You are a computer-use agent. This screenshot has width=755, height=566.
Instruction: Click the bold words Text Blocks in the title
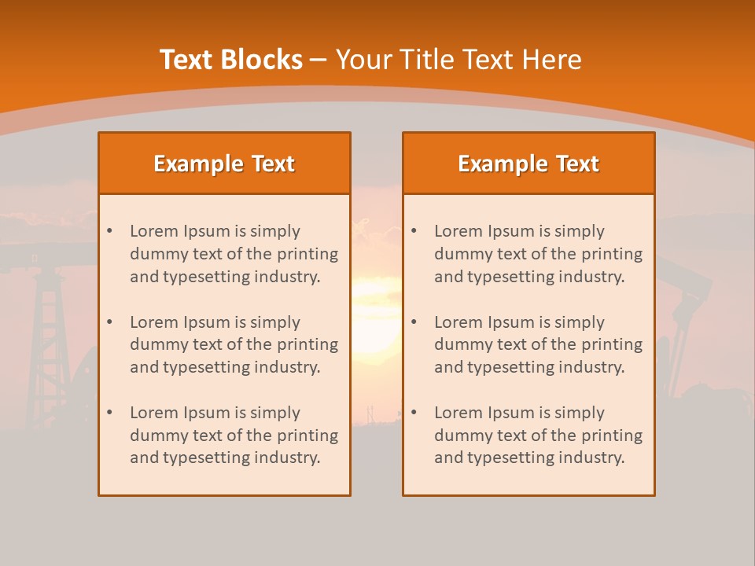coord(230,60)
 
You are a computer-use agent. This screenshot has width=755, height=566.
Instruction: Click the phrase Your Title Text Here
coord(459,60)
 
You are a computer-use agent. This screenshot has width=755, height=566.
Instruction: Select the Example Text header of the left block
coord(224,164)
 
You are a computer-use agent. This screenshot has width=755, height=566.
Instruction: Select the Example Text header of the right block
coord(528,164)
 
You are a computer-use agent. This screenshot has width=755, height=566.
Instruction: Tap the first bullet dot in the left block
coord(109,231)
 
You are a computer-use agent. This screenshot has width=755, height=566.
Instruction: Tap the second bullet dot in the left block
coord(109,322)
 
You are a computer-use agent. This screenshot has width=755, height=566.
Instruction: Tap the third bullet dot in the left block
coord(109,413)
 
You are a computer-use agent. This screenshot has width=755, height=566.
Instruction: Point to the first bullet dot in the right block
coord(414,231)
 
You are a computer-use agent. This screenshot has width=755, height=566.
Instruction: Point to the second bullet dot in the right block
coord(414,322)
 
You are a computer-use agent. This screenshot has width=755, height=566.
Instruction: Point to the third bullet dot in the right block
coord(414,413)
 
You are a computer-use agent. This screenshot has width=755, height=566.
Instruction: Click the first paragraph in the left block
coord(234,254)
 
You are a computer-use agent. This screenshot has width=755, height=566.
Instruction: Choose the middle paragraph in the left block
coord(234,344)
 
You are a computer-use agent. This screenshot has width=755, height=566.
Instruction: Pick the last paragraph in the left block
coord(234,436)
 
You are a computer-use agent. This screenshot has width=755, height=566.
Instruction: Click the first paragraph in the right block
coord(538,254)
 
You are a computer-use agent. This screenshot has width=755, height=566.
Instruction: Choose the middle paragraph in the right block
coord(538,344)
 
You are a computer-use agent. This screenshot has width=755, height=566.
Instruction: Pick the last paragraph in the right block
coord(538,436)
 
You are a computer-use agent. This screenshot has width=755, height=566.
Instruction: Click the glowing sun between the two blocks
coord(376,314)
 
